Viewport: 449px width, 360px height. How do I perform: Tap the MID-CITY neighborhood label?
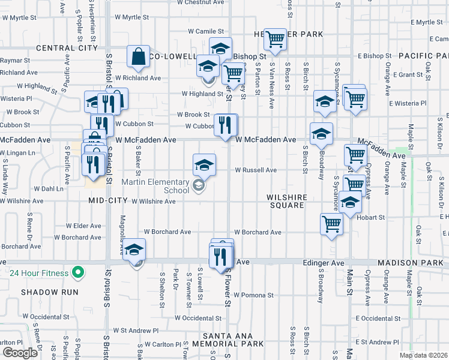click(108, 201)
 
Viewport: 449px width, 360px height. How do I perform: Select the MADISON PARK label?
click(412, 263)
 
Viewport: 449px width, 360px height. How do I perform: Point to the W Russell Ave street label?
click(255, 170)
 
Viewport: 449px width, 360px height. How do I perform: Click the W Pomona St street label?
click(253, 295)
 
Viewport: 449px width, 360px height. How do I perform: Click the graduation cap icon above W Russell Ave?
click(204, 164)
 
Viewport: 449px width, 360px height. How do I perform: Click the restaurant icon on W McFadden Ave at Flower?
click(226, 125)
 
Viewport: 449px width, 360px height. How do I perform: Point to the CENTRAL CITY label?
click(67, 48)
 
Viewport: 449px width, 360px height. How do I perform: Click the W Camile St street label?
click(205, 31)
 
